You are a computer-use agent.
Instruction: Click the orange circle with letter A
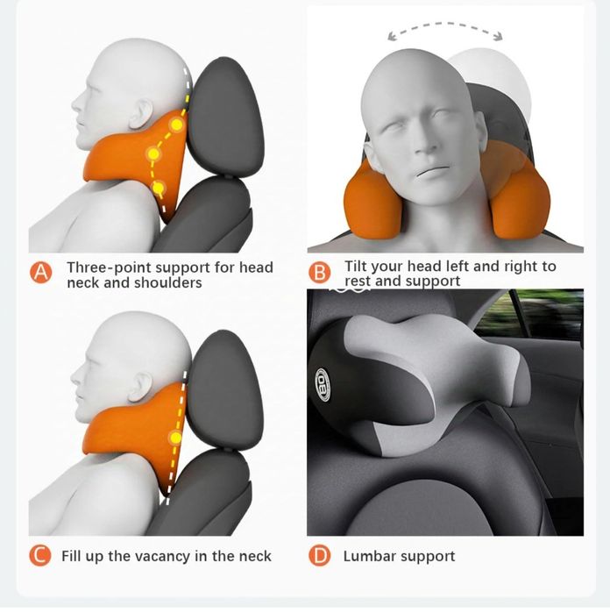click(x=40, y=273)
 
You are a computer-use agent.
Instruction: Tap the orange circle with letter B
click(x=319, y=273)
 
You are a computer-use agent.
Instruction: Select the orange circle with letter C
click(x=40, y=555)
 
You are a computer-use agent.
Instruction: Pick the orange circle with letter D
click(x=319, y=555)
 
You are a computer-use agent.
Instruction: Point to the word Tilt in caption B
click(x=356, y=267)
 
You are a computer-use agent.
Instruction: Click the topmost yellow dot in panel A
click(x=177, y=125)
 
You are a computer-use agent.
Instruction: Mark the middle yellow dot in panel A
click(x=153, y=154)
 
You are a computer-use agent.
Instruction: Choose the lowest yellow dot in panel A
click(x=159, y=189)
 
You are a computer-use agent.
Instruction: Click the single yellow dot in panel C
click(x=176, y=438)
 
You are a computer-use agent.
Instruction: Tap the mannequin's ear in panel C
click(x=141, y=387)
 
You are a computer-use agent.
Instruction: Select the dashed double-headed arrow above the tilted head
click(x=445, y=25)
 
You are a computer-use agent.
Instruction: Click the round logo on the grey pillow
click(x=323, y=385)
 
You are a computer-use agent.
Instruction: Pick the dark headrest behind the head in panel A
click(x=225, y=118)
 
